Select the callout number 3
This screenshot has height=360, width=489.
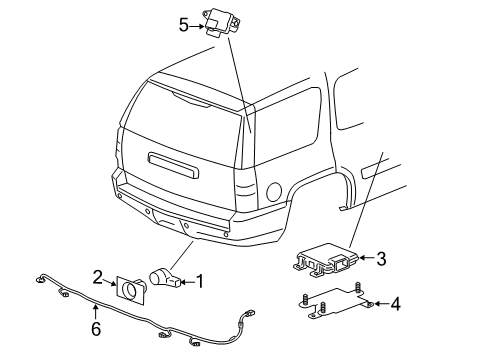[x=381, y=260]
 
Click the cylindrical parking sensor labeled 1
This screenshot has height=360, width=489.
[x=164, y=278]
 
